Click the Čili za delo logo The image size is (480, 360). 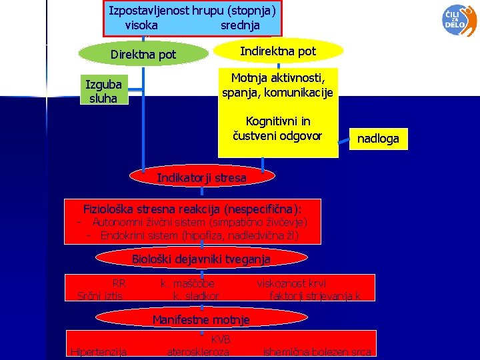pyautogui.click(x=459, y=19)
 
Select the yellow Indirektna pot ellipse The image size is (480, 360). pyautogui.click(x=278, y=51)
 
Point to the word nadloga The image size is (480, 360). pyautogui.click(x=378, y=139)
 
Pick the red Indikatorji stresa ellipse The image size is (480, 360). pyautogui.click(x=201, y=178)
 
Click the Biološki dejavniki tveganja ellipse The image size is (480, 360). pyautogui.click(x=201, y=259)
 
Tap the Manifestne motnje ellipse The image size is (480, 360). pyautogui.click(x=201, y=319)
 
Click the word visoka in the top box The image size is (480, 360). pyautogui.click(x=141, y=25)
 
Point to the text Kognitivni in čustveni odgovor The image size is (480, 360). pyautogui.click(x=277, y=129)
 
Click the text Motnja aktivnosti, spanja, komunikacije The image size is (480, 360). pyautogui.click(x=277, y=85)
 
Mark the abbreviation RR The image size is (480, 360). pyautogui.click(x=119, y=283)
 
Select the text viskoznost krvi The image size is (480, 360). pyautogui.click(x=291, y=283)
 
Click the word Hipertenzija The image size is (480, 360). pyautogui.click(x=99, y=352)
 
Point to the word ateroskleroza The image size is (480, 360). pyautogui.click(x=198, y=352)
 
